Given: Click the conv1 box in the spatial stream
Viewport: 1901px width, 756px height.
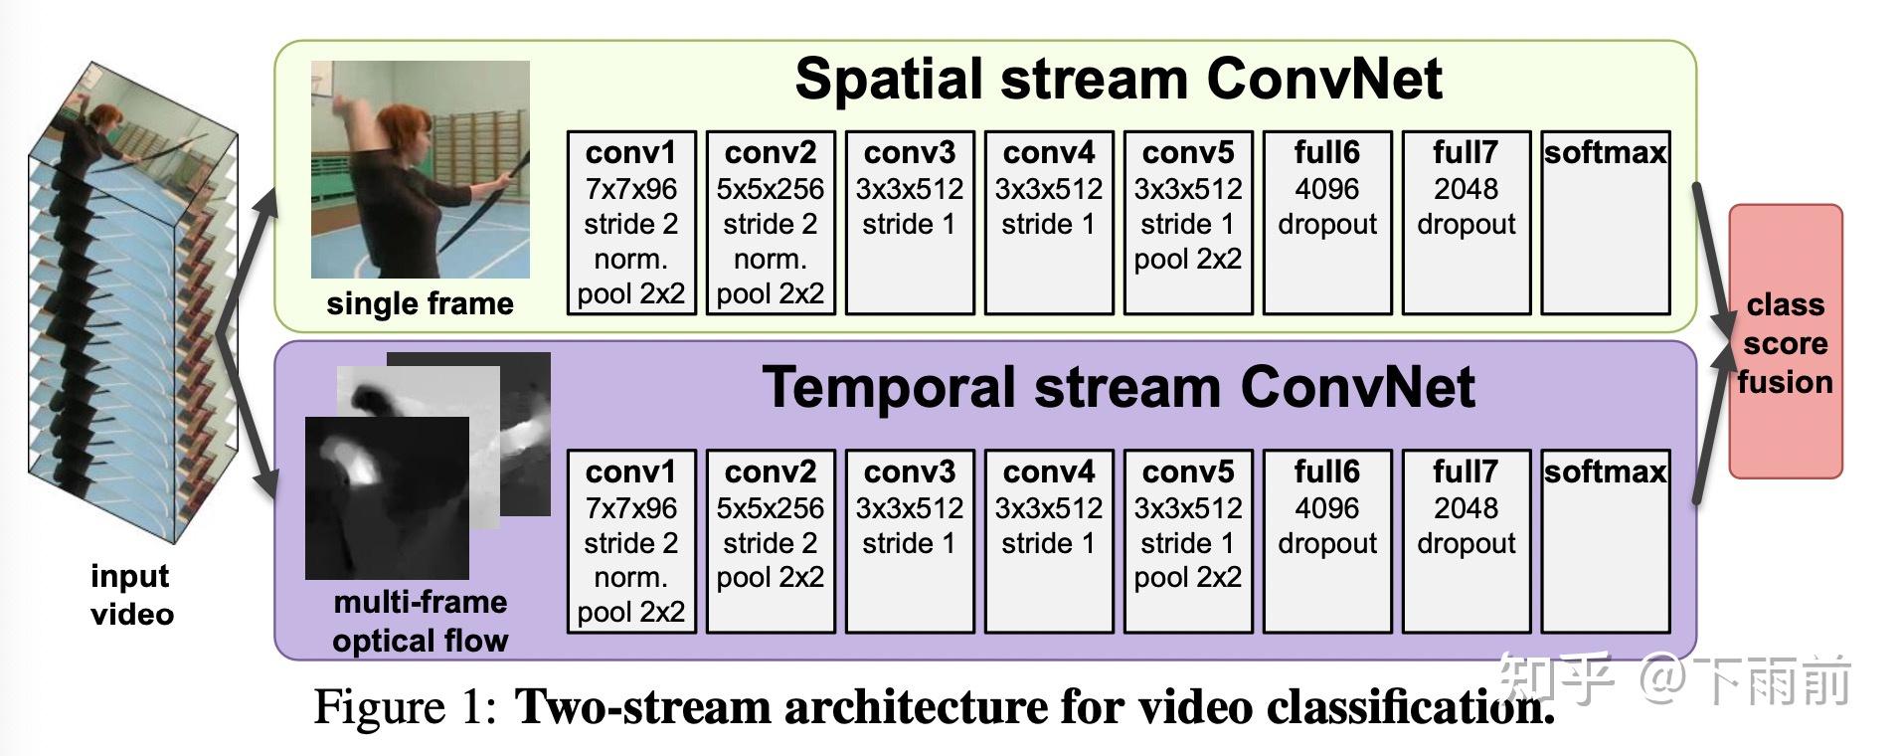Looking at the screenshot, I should click(631, 223).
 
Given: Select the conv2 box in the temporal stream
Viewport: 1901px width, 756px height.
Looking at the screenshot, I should click(771, 541).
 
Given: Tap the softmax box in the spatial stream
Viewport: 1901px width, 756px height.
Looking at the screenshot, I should click(1605, 223).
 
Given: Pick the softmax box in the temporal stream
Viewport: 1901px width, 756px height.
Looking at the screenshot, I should click(1605, 541).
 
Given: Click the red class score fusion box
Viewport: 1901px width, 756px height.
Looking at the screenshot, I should click(1786, 342).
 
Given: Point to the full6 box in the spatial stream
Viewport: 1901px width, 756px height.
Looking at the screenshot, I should click(1327, 223).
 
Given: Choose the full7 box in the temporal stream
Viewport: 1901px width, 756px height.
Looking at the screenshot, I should click(1466, 541).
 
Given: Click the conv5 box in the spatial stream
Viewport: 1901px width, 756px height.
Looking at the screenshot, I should click(1188, 223).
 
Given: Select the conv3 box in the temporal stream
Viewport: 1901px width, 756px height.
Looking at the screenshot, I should click(910, 541).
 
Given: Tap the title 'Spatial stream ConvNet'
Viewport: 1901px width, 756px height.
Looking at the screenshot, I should click(1119, 79).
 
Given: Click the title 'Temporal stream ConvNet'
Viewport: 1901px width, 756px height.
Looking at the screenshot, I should click(1119, 387).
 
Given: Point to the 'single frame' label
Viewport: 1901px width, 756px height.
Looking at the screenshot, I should click(420, 303).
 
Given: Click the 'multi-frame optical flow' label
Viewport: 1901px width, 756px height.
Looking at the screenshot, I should click(420, 622).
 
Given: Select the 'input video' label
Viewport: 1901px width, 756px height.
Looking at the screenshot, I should click(131, 595).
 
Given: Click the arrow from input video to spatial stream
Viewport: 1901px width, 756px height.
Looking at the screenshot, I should click(249, 249).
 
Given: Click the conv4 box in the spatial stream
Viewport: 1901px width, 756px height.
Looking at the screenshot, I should click(1049, 223).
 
